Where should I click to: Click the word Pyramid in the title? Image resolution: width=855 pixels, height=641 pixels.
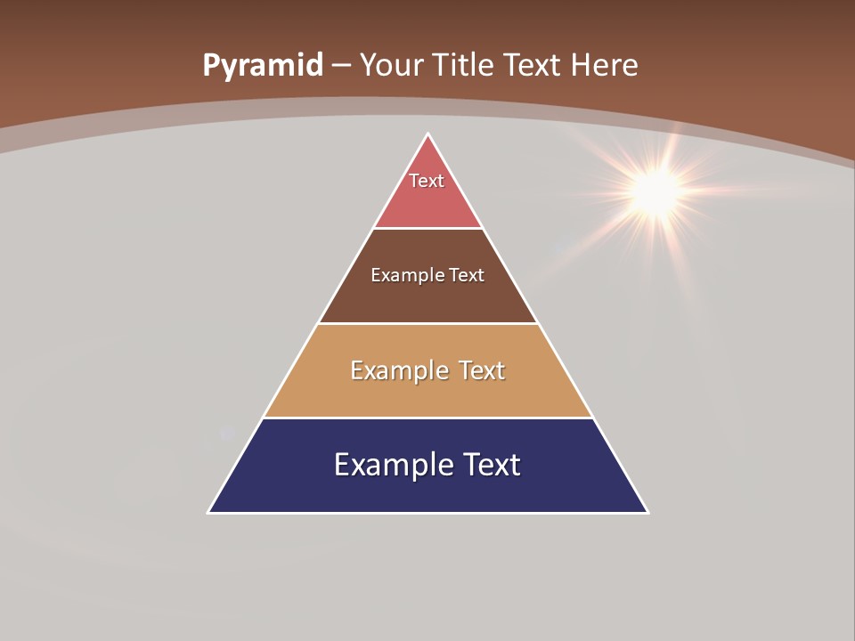tap(263, 66)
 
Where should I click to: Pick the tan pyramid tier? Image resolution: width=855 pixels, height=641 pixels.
tap(427, 396)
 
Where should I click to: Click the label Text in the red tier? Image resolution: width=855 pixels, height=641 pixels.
tap(427, 181)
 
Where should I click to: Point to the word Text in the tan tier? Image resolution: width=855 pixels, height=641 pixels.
tap(482, 370)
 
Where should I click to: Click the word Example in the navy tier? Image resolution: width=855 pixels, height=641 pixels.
tap(393, 465)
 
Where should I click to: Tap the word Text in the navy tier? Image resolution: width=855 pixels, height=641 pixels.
tap(491, 465)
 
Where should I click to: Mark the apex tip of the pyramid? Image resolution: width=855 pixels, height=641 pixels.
tap(427, 134)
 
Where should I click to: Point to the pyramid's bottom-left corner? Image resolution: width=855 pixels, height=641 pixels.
tap(209, 512)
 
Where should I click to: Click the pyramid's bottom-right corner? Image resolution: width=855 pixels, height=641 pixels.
tap(647, 512)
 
